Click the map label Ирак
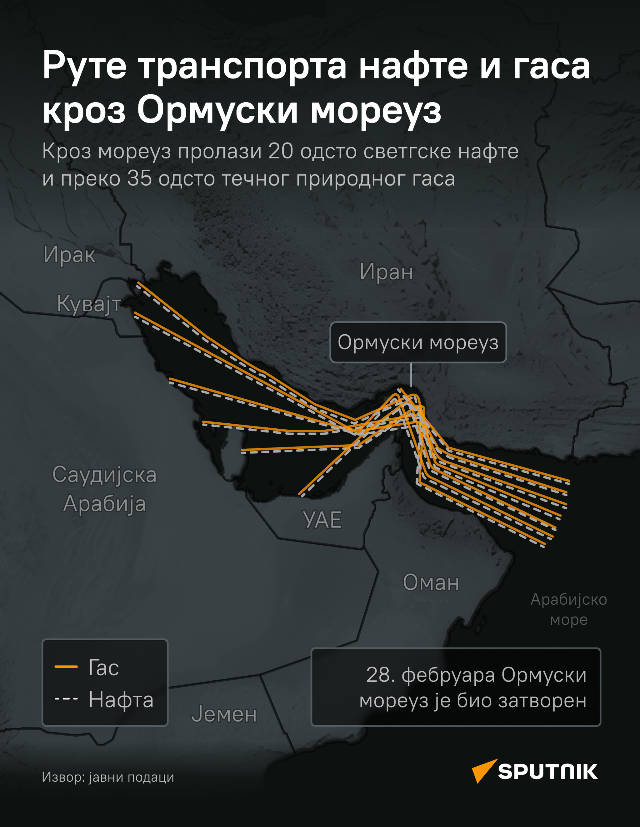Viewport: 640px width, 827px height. click(69, 255)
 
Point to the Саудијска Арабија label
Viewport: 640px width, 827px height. click(104, 489)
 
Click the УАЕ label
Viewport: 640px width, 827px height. click(322, 520)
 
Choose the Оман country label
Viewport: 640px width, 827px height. click(431, 582)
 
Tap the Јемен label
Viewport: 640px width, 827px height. click(224, 714)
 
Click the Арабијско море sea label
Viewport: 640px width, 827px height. click(568, 610)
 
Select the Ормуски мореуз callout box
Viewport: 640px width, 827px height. click(418, 342)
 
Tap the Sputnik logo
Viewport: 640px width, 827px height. click(534, 771)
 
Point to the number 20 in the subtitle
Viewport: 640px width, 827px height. click(280, 151)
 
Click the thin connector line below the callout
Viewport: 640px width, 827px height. click(411, 375)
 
